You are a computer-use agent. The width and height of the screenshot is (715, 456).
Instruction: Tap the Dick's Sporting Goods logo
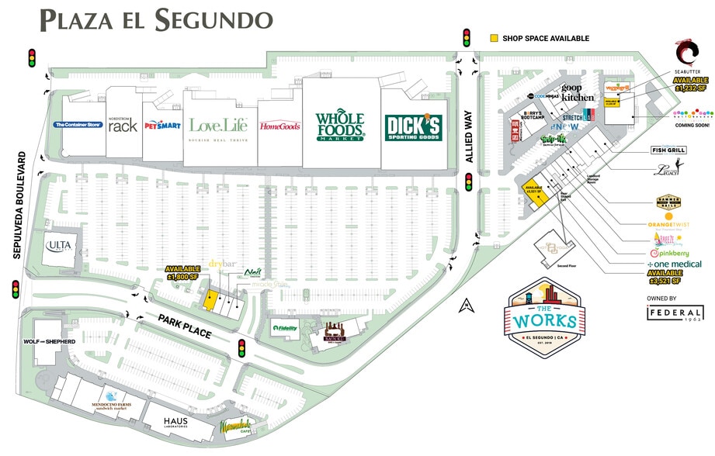412,128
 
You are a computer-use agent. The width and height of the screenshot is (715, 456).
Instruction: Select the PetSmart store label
161,124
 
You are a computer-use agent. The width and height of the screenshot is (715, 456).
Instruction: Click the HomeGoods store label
279,126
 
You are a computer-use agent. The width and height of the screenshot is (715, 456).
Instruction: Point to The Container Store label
78,124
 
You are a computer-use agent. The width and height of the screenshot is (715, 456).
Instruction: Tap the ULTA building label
60,246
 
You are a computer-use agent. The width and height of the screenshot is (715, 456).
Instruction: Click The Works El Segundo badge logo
549,317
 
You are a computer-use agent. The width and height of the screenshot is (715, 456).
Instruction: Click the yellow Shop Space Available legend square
494,38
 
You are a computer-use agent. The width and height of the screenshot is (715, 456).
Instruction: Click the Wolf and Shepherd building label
50,342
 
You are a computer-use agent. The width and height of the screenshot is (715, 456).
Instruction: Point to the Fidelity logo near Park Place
285,328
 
